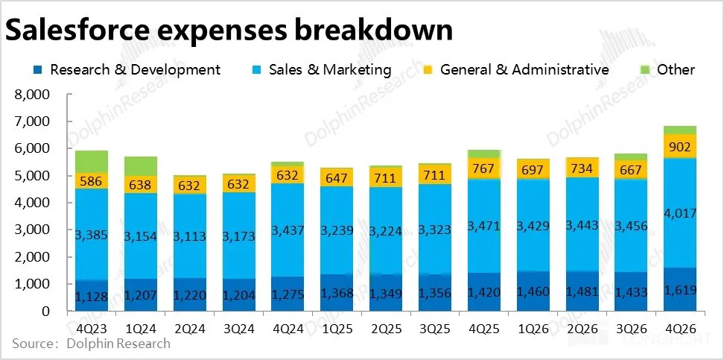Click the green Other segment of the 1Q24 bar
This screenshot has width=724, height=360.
tap(139, 165)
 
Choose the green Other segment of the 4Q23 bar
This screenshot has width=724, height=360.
tap(91, 161)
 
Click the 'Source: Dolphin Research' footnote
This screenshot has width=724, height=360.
tap(90, 344)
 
